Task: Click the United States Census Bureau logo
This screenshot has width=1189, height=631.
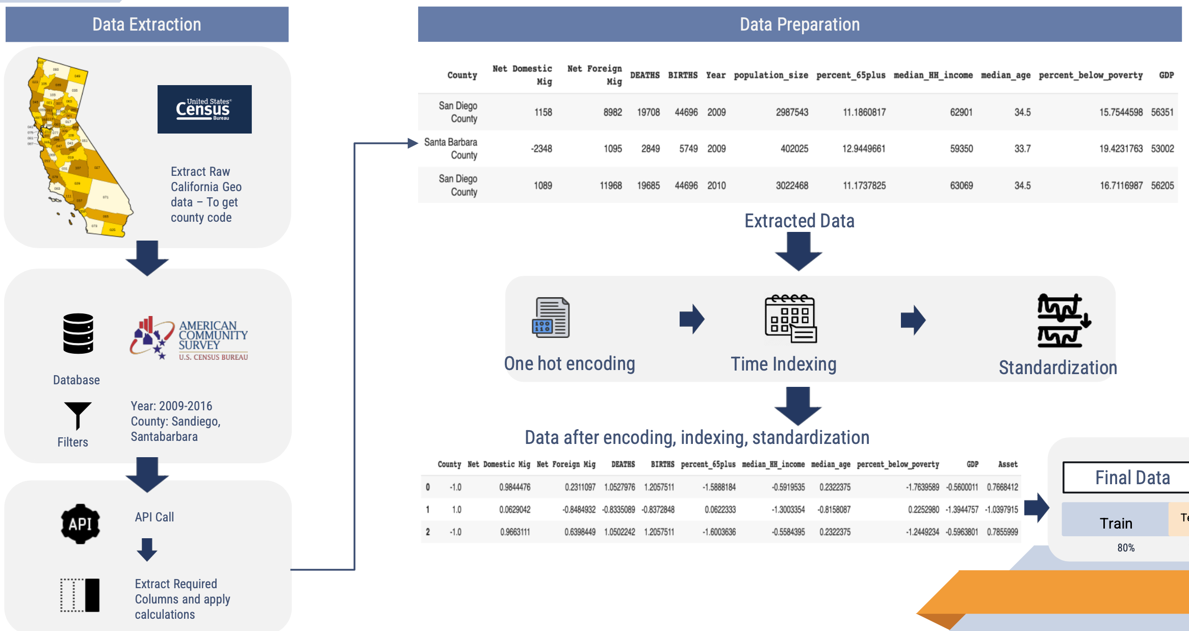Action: click(204, 109)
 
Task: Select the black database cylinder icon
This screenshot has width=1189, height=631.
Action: click(78, 333)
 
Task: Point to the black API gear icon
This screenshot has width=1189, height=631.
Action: click(80, 524)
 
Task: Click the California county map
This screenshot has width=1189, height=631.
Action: click(76, 148)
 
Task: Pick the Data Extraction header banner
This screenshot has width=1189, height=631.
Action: click(147, 24)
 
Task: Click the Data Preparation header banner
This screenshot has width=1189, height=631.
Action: click(799, 24)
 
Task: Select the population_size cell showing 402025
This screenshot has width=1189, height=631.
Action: click(794, 149)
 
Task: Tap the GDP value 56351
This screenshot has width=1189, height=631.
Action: click(1162, 112)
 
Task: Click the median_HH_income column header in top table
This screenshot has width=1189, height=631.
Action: click(933, 75)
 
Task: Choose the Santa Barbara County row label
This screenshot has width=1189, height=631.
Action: click(451, 148)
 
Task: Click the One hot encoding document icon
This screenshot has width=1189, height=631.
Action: click(551, 318)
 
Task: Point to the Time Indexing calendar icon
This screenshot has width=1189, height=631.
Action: click(790, 319)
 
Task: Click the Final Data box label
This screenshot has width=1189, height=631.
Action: click(1132, 478)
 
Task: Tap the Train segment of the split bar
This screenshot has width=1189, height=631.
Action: click(1116, 523)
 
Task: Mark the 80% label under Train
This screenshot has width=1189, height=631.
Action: click(1126, 548)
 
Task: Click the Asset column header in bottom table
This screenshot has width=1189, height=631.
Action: click(1007, 464)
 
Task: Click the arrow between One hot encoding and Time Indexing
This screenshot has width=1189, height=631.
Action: click(692, 320)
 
